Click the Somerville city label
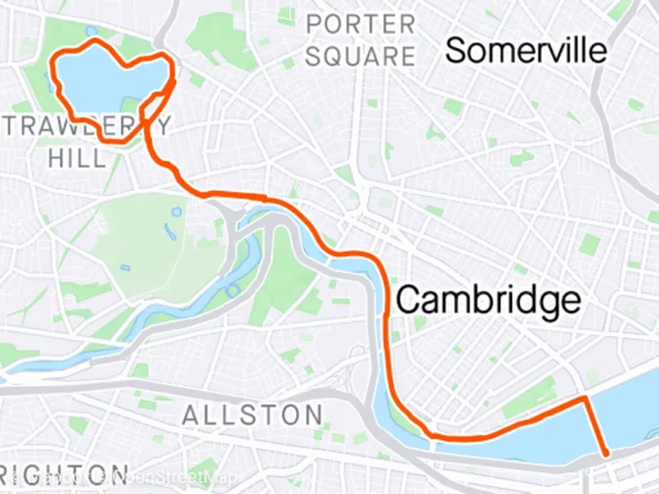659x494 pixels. pos(526,51)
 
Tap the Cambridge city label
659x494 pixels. pos(488,301)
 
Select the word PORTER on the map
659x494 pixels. pos(361,25)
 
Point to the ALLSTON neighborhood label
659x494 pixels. pos(252,414)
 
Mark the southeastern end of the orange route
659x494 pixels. pos(607,454)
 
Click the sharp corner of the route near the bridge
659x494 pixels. pos(585,398)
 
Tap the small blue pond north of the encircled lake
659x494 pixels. pos(91,31)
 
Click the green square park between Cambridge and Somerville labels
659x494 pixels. pos(589,244)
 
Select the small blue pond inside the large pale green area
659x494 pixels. pos(176,212)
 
